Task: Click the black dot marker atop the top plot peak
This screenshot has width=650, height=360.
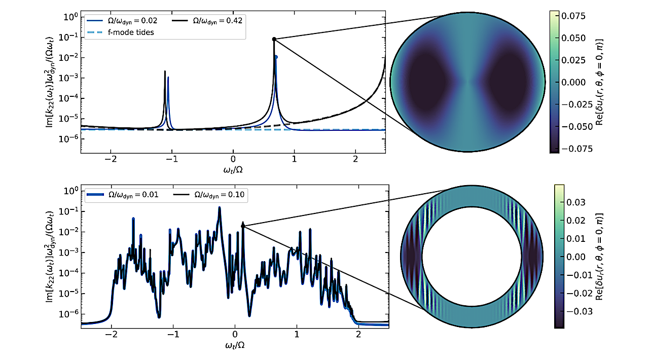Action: [274, 39]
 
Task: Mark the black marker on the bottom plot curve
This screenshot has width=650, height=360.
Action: [243, 226]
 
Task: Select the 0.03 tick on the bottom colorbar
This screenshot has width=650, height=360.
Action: [576, 202]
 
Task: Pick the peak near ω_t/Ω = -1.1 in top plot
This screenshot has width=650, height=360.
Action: [165, 72]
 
